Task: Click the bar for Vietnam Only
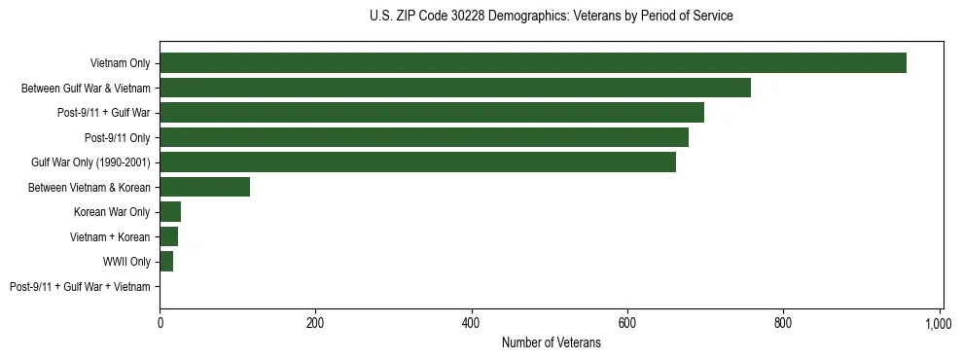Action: point(533,63)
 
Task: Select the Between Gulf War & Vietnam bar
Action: point(455,89)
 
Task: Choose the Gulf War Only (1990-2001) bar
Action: point(417,162)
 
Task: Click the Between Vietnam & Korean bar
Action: point(205,187)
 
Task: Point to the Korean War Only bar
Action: point(170,212)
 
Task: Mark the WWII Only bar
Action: point(166,262)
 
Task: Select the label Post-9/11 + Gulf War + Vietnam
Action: point(80,287)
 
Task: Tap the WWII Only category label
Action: point(126,262)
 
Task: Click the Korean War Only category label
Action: point(112,212)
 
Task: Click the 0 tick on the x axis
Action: point(160,323)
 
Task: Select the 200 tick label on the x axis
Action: point(315,323)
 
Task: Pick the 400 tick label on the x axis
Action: point(472,323)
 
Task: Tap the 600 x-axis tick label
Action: point(627,323)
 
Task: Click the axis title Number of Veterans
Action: point(551,343)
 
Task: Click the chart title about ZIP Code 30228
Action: point(551,17)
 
